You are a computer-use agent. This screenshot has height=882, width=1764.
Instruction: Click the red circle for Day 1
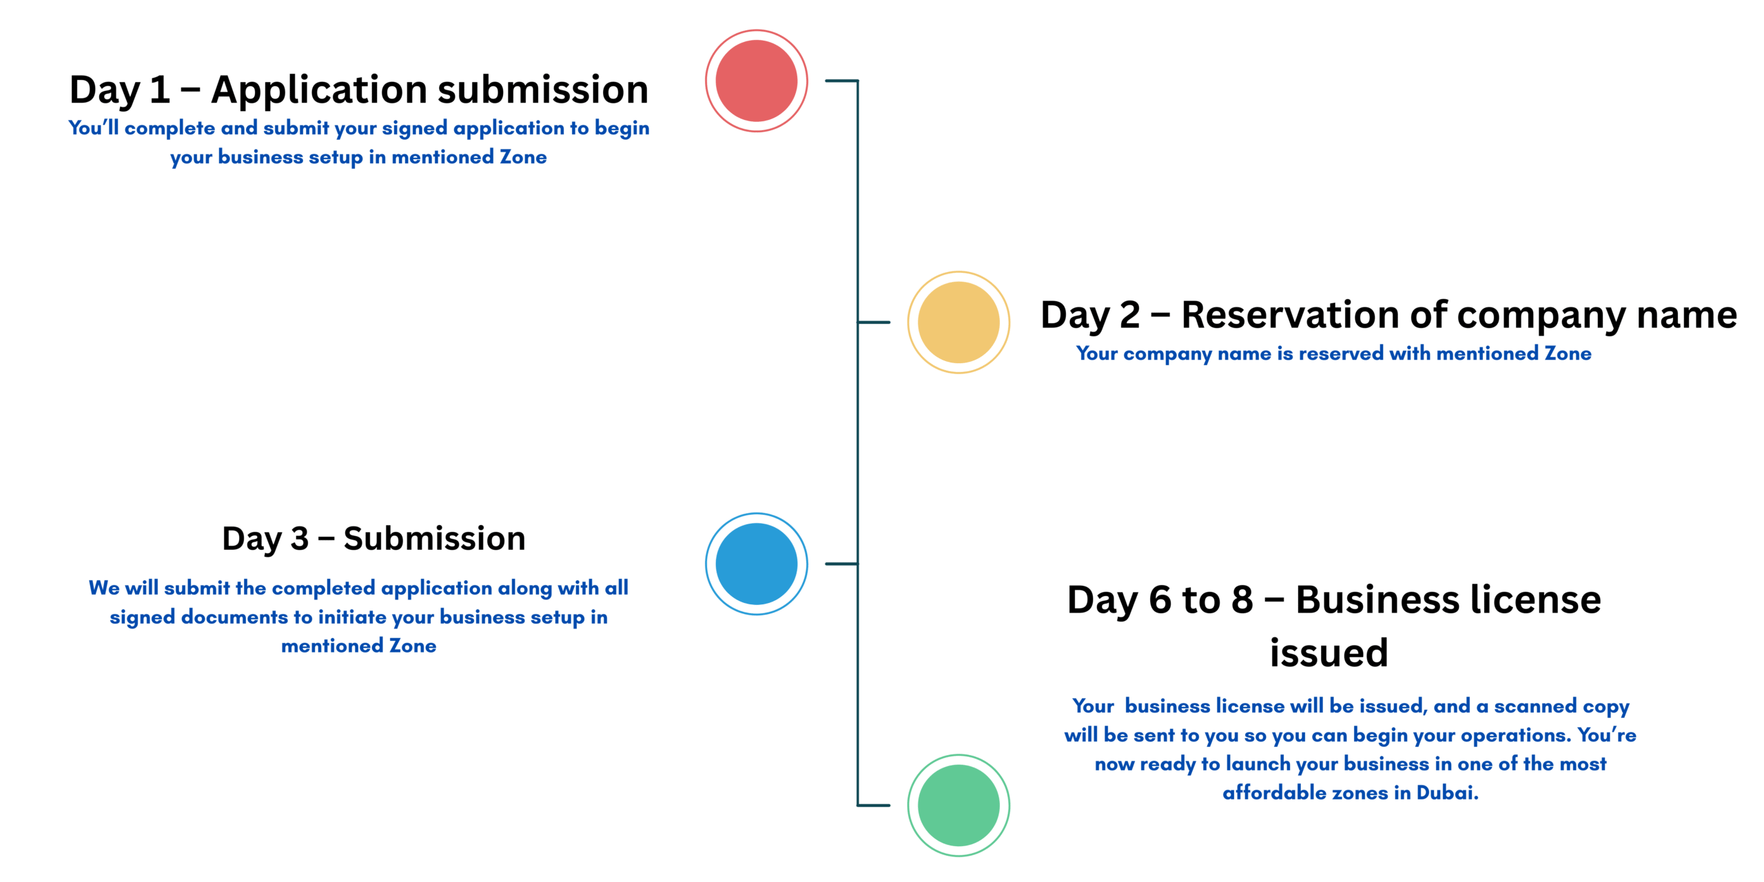pyautogui.click(x=756, y=81)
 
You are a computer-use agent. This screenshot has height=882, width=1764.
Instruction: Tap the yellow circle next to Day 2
pyautogui.click(x=958, y=322)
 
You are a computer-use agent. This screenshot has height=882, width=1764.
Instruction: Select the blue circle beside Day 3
pyautogui.click(x=756, y=564)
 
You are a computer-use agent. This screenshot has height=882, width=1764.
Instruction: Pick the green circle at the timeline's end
pyautogui.click(x=958, y=805)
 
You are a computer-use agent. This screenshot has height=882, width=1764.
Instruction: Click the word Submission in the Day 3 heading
pyautogui.click(x=434, y=538)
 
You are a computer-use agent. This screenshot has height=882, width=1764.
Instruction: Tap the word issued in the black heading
pyautogui.click(x=1329, y=652)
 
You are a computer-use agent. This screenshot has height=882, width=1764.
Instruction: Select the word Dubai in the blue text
pyautogui.click(x=1447, y=792)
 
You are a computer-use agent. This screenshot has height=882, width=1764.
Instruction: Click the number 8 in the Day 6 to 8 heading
pyautogui.click(x=1242, y=599)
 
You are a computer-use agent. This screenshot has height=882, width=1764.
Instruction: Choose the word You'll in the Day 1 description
pyautogui.click(x=94, y=127)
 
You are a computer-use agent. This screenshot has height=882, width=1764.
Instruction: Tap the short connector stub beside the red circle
pyautogui.click(x=841, y=81)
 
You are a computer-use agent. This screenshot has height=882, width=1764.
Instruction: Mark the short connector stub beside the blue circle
pyautogui.click(x=841, y=564)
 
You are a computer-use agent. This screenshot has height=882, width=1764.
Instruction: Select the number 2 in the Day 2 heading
pyautogui.click(x=1129, y=315)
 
